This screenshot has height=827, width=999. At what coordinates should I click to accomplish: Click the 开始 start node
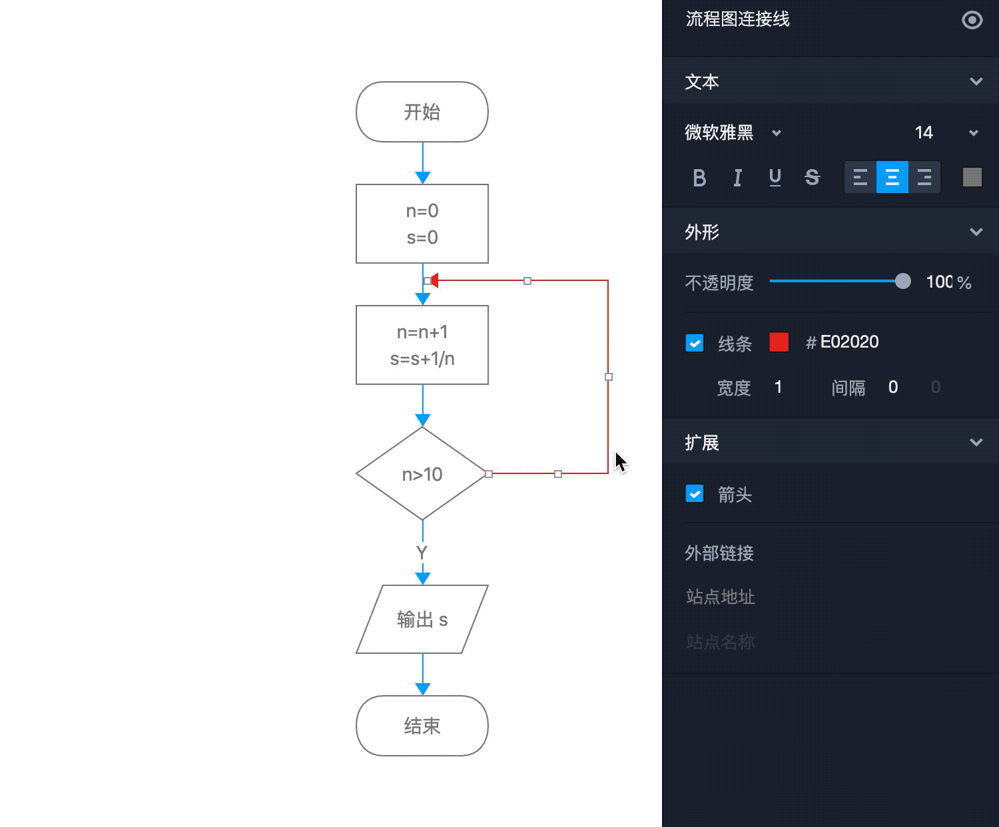[x=422, y=112]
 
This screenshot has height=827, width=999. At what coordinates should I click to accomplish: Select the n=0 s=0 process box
[x=422, y=224]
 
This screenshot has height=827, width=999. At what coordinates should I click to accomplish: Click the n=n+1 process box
[x=422, y=345]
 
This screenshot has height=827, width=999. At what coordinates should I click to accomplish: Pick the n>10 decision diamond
[x=422, y=473]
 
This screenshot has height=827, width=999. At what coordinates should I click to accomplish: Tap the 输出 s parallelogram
[x=422, y=619]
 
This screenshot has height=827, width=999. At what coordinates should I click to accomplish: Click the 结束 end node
[x=422, y=726]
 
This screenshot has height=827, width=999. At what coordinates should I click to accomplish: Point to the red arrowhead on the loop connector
[x=434, y=281]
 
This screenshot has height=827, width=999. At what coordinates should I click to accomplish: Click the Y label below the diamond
[x=422, y=552]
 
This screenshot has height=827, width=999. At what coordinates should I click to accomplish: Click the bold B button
[x=699, y=178]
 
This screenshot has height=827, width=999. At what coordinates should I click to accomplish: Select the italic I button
[x=737, y=178]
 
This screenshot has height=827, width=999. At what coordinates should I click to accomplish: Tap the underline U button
[x=775, y=178]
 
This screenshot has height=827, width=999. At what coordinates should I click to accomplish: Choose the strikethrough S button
[x=812, y=178]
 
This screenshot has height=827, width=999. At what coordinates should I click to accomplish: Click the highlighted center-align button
[x=892, y=177]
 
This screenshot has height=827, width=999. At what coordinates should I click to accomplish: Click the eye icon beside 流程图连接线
[x=972, y=20]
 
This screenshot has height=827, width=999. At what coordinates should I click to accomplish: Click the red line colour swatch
[x=779, y=342]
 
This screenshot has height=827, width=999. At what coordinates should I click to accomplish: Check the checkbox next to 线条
[x=695, y=344]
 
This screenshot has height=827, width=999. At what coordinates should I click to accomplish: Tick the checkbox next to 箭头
[x=695, y=494]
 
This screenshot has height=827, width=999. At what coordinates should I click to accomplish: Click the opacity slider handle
[x=902, y=281]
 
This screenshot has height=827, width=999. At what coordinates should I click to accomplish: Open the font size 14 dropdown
[x=974, y=133]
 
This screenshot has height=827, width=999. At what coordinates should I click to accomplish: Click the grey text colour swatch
[x=972, y=177]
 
